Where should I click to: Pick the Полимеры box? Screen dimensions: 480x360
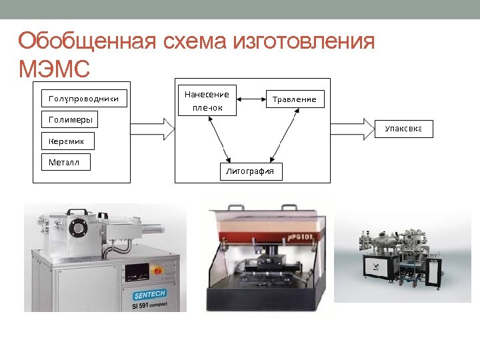(x=69, y=120)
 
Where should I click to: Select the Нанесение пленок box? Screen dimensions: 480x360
(x=207, y=101)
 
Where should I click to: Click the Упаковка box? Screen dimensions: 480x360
(x=403, y=129)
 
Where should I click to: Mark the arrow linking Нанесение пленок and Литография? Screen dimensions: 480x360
(x=219, y=139)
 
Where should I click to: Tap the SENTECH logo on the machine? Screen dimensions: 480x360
(x=149, y=294)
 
